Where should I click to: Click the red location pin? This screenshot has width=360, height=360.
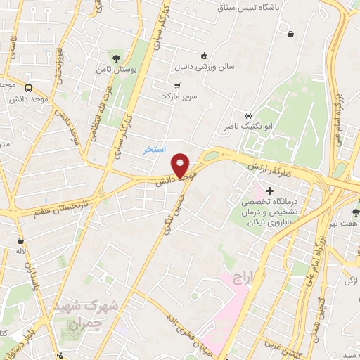click(x=181, y=165)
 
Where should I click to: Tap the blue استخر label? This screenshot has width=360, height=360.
click(x=154, y=150)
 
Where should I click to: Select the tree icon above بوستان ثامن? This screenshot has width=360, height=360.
click(x=115, y=58)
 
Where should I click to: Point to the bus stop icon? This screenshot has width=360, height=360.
click(x=28, y=89)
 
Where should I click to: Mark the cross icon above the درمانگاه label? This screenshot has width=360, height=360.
click(x=269, y=191)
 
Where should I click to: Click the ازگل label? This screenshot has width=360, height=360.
click(x=351, y=281)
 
